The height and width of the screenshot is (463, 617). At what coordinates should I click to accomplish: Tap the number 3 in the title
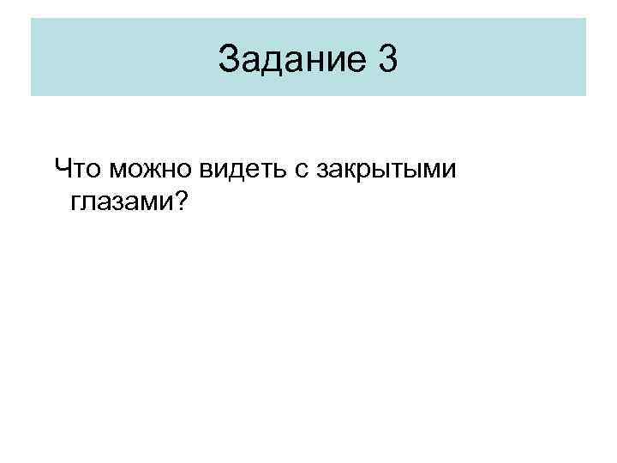point(386,59)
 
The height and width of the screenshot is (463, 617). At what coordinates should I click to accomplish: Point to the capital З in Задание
point(229,59)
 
